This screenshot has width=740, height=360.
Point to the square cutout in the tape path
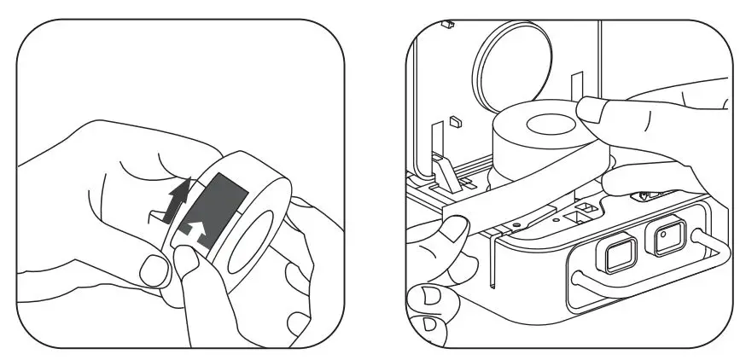[x=586, y=206]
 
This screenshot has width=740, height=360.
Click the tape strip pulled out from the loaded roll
[x=512, y=195]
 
